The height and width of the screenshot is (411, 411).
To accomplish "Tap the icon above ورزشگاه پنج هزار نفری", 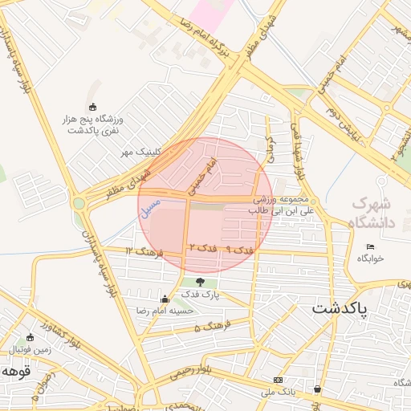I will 92,107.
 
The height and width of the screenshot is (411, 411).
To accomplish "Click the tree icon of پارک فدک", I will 199,282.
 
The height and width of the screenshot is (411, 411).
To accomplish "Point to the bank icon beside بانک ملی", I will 278,380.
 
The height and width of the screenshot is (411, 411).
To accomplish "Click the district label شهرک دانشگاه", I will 373,213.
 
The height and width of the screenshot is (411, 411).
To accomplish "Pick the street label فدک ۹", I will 239,250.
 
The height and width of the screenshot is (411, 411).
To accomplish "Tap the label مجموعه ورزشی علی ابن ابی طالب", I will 282,203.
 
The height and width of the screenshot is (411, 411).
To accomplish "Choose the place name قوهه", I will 15,372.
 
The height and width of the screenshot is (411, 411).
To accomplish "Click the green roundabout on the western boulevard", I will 79,203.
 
